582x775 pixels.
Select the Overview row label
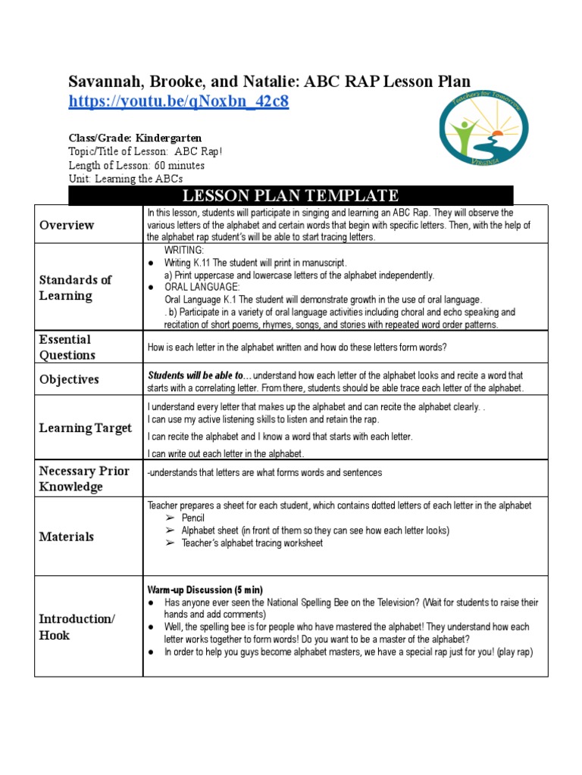pyautogui.click(x=67, y=225)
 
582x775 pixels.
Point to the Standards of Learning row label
pyautogui.click(x=75, y=288)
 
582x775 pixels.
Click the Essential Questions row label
pyautogui.click(x=67, y=347)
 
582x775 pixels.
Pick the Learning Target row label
pyautogui.click(x=85, y=428)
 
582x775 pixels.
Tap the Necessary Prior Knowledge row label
pyautogui.click(x=83, y=479)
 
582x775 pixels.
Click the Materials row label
pyautogui.click(x=67, y=537)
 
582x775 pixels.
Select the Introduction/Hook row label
pyautogui.click(x=77, y=627)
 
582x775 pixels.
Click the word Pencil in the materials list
pyautogui.click(x=193, y=518)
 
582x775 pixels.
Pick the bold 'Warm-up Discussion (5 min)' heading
pyautogui.click(x=205, y=590)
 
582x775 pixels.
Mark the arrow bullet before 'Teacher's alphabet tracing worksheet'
pyautogui.click(x=171, y=543)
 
